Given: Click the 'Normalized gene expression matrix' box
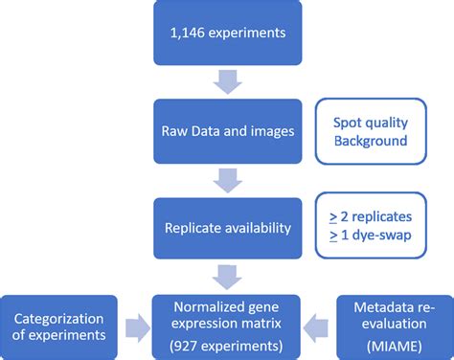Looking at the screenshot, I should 226,323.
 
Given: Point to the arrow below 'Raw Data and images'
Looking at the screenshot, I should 226,178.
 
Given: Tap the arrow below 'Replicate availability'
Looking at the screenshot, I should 226,276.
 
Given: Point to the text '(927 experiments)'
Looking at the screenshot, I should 226,342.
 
